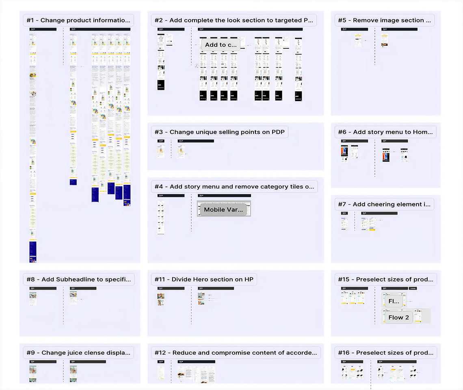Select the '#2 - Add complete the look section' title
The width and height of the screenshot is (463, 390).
[234, 20]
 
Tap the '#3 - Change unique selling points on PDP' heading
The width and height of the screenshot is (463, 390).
[219, 132]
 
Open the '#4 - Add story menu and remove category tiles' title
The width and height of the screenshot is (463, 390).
[234, 186]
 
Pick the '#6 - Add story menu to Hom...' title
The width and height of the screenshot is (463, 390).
[385, 132]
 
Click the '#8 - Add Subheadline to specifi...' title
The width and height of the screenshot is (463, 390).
[79, 279]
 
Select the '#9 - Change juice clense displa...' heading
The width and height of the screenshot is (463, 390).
[79, 353]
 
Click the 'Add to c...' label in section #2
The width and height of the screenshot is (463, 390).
[221, 45]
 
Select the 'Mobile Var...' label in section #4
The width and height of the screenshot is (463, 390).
[223, 210]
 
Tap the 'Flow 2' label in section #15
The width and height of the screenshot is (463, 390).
[398, 317]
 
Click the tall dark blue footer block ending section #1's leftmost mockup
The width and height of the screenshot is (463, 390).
[32, 251]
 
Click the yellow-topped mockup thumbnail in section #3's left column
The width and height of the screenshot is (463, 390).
[161, 151]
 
